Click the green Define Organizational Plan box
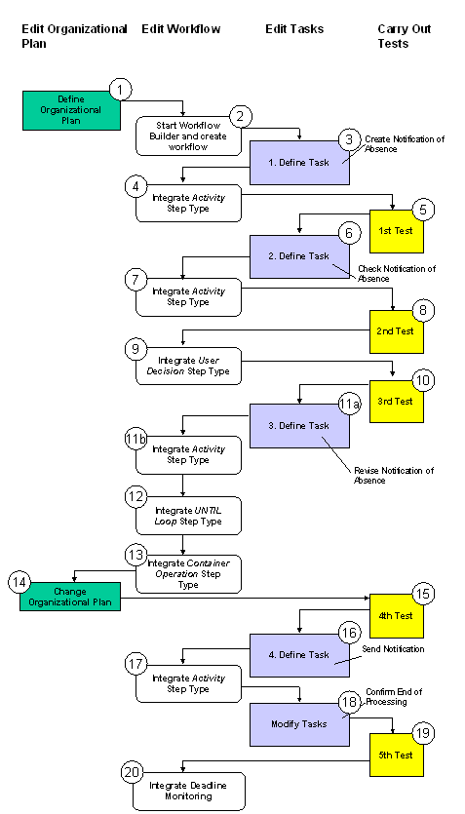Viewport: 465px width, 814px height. [70, 110]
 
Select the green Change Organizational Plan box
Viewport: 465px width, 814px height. [70, 597]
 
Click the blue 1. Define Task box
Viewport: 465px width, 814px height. [298, 163]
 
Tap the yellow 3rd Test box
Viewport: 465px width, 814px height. [396, 402]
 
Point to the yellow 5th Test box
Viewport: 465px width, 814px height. [396, 755]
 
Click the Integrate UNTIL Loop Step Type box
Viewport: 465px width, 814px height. [188, 516]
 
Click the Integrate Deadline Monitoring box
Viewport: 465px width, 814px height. [188, 791]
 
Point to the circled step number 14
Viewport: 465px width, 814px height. [19, 582]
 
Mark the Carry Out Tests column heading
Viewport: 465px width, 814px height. [405, 36]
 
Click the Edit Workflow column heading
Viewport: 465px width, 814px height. [180, 29]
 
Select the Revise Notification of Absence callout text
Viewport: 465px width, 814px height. [393, 475]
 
